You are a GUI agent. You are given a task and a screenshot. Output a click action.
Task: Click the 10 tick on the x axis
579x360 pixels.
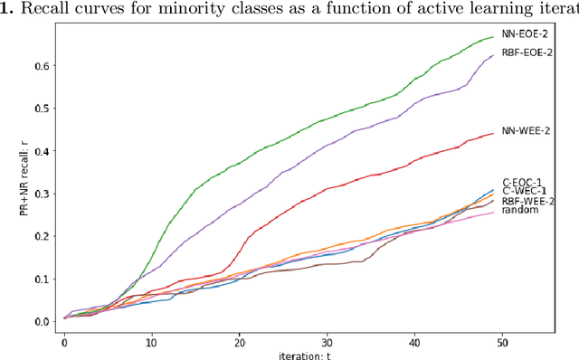151,344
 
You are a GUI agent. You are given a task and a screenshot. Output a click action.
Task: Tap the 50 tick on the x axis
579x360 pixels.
501,344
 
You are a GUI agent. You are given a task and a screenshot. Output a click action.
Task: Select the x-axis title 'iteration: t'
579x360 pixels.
282,355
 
